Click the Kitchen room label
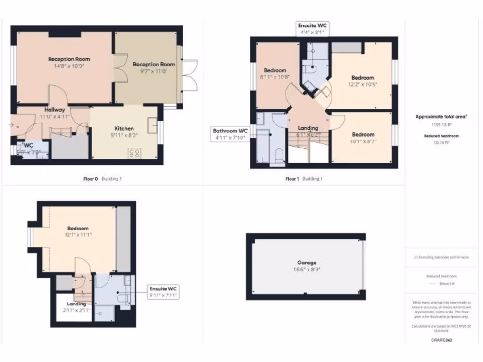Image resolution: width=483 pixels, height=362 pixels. tap(124, 128)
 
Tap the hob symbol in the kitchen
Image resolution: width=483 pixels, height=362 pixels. tap(134, 153)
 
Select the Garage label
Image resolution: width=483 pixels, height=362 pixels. tap(307, 263)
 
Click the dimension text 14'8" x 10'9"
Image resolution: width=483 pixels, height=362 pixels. tap(69, 66)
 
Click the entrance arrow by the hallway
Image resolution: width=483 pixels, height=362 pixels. tap(11, 125)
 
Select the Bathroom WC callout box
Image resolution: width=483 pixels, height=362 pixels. tap(230, 134)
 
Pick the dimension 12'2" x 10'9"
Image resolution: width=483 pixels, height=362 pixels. tap(362, 84)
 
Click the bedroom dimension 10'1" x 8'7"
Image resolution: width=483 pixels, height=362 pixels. tap(362, 141)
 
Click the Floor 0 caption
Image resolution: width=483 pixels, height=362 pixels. tap(91, 179)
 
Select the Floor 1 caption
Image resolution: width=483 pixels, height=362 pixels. tap(292, 179)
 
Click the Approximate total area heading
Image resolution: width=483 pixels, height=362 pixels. tap(441, 116)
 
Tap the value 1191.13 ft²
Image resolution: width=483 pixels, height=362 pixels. tap(441, 125)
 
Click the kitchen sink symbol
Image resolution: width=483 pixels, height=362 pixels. tap(152, 125)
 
